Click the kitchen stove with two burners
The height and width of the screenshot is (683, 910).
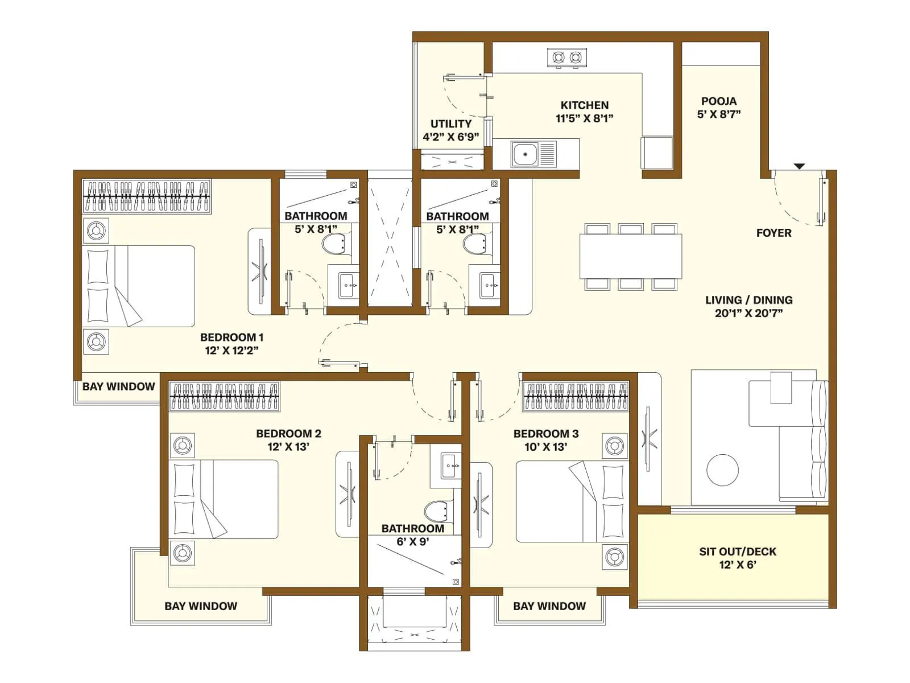coord(567,57)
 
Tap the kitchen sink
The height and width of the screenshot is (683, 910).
coord(526,154)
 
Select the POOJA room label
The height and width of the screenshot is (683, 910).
coord(719,101)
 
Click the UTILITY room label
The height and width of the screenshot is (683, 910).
coord(450,124)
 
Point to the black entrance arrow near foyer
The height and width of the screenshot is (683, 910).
coord(799,166)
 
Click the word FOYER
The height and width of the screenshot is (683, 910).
coord(773,233)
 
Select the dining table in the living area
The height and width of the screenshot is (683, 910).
coord(630,256)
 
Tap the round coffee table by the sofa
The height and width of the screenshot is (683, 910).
coord(722,470)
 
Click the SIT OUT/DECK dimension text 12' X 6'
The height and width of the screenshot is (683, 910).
coord(737,565)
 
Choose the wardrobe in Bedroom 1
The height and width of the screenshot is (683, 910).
coord(147,196)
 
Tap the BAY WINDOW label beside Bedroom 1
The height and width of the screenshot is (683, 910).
coord(118,387)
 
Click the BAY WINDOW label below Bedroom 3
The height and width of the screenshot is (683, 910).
coord(549,606)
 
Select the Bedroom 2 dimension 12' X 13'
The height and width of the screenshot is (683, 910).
coord(288,447)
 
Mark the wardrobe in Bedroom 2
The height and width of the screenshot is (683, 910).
coord(225,396)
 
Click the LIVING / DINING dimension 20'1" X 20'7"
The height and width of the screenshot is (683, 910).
coord(748,313)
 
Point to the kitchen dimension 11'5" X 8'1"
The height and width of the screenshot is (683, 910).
coord(584,119)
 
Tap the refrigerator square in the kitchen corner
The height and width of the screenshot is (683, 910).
coord(657,152)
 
